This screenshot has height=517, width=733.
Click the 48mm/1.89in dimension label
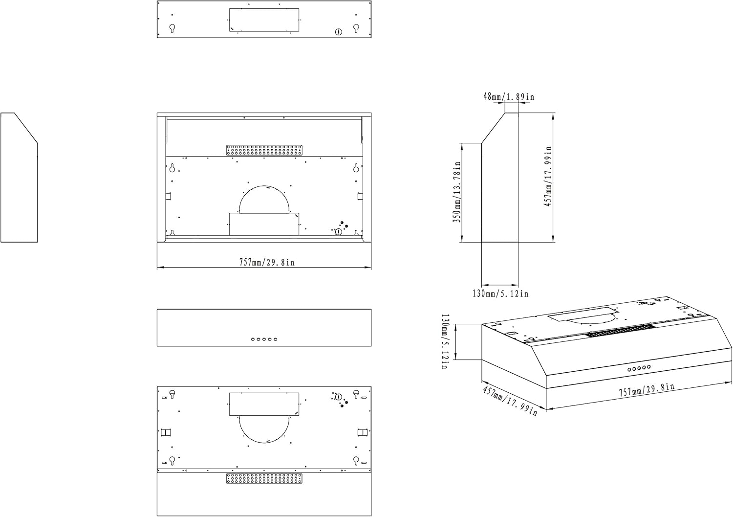509,97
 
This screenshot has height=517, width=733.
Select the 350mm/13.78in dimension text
458,192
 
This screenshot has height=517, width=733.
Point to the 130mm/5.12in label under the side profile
500,293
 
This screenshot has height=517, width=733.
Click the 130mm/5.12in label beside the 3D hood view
445,341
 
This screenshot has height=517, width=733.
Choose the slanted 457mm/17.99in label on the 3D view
510,401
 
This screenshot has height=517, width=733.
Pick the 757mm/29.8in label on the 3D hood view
646,390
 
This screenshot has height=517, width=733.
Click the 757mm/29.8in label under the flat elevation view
266,262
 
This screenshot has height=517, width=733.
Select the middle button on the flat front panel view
264,339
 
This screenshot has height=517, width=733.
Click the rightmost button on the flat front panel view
276,339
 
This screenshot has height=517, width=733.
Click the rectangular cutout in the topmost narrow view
264,20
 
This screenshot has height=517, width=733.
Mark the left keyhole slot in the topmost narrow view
172,28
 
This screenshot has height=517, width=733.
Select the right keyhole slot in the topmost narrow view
356,28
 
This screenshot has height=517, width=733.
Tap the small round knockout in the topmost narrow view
338,32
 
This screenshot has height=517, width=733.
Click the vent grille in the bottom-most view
264,478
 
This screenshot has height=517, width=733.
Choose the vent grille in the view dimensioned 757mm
264,150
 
